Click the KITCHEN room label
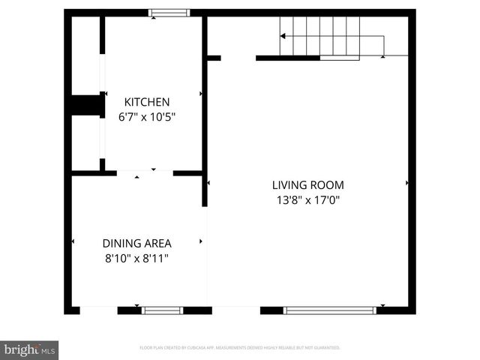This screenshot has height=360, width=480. (147, 102)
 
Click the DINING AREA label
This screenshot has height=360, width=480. (136, 243)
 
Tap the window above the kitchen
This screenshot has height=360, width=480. (169, 13)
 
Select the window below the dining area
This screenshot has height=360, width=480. (163, 310)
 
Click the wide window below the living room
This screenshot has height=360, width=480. (329, 310)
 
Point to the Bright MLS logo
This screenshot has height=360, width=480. (29, 349)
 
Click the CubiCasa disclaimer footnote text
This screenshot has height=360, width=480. (240, 348)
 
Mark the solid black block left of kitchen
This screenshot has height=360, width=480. (86, 105)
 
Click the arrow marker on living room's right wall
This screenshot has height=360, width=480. (407, 182)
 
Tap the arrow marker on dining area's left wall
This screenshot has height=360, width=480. (73, 241)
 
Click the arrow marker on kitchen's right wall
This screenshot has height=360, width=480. (201, 94)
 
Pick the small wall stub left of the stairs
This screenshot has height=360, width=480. (214, 58)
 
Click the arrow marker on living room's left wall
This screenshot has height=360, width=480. (208, 182)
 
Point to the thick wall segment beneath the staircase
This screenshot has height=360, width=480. (288, 58)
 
